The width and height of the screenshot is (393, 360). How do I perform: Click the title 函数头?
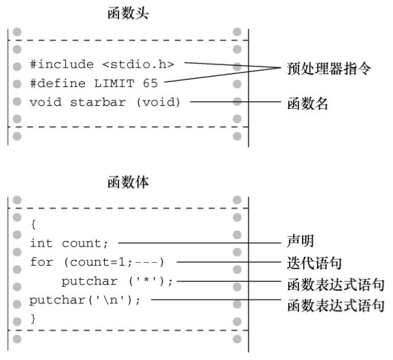click(x=128, y=14)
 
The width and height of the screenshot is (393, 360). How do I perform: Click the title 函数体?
click(x=128, y=182)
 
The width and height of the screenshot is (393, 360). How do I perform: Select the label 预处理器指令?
click(x=328, y=69)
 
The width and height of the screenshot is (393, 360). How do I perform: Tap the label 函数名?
click(x=307, y=103)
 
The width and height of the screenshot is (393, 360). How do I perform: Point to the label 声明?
click(x=301, y=241)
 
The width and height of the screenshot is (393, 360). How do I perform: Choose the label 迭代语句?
click(x=314, y=263)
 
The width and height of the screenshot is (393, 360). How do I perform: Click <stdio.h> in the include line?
click(x=138, y=65)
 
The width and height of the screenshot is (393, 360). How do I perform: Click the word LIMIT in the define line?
click(x=114, y=84)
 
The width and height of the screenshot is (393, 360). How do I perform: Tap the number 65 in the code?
click(x=150, y=84)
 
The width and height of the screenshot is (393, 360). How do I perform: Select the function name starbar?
click(x=98, y=102)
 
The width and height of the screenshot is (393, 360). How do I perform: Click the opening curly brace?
click(x=33, y=224)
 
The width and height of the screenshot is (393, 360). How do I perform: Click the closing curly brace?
click(x=33, y=319)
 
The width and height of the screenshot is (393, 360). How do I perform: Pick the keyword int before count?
click(x=41, y=243)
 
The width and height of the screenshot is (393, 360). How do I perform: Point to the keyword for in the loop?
click(x=41, y=262)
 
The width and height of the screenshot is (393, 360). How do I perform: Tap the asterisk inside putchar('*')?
click(x=146, y=280)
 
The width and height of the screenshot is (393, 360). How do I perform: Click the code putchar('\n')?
click(x=85, y=300)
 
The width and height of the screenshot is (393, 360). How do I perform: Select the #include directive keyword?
click(x=62, y=65)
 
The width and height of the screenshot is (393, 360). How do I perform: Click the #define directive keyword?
click(x=58, y=84)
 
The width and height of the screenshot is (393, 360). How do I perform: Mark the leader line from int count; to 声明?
click(x=199, y=242)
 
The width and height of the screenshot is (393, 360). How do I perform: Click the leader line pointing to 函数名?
click(x=236, y=102)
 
